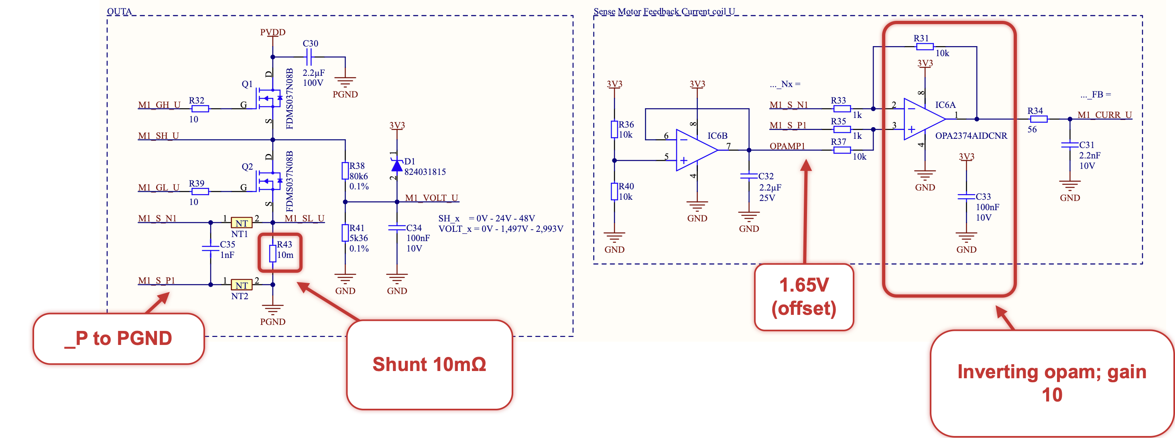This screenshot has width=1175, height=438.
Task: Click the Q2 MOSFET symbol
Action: (x=269, y=181)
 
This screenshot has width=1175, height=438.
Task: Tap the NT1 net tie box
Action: (x=241, y=223)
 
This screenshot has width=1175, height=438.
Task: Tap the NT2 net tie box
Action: (x=241, y=285)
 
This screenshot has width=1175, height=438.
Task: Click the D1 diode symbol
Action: (x=397, y=165)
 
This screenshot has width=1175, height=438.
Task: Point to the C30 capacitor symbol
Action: (x=309, y=57)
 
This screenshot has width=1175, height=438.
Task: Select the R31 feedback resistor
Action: (x=925, y=47)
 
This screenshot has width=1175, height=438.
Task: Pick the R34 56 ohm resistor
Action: (x=1038, y=119)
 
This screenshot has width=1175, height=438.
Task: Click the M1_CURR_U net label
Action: (x=1104, y=115)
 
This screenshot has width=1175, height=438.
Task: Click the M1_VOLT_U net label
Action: (x=431, y=198)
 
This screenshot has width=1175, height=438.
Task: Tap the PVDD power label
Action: (x=273, y=32)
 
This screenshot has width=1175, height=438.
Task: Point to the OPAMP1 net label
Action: (x=787, y=146)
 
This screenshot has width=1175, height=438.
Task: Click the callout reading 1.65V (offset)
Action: (x=804, y=297)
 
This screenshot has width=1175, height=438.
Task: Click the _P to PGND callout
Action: (x=118, y=339)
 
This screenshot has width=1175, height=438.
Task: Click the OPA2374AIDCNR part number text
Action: (x=971, y=136)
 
